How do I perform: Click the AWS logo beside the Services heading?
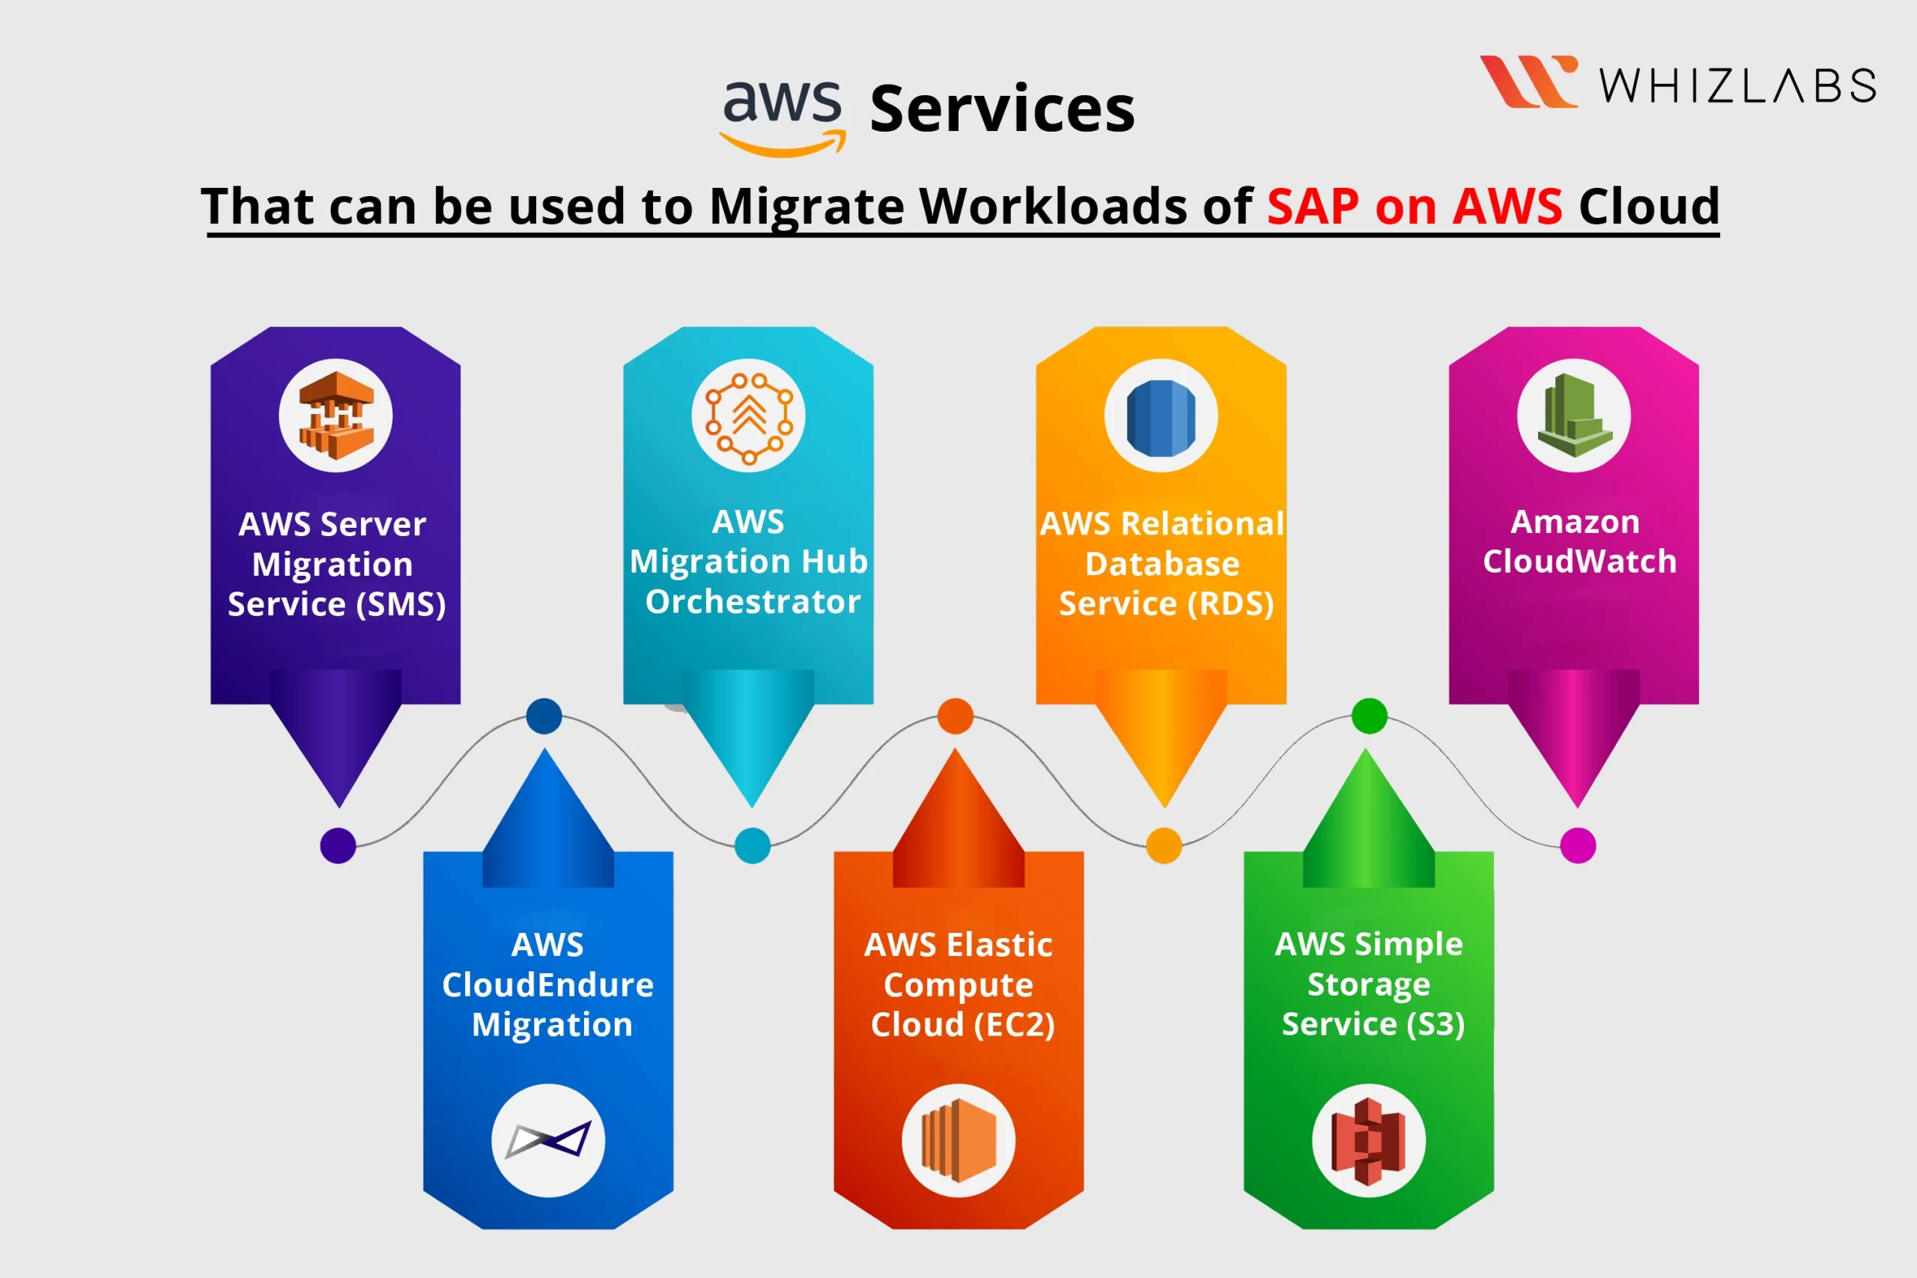tap(783, 118)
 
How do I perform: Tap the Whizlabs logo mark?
tap(1528, 82)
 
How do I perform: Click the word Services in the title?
tap(1003, 109)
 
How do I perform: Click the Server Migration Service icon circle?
tap(335, 416)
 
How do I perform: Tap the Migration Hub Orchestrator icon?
tap(748, 416)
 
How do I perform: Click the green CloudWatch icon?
tap(1574, 416)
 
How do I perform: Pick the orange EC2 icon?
tap(958, 1140)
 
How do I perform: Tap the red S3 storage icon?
tap(1368, 1141)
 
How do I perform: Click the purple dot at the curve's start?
tap(338, 845)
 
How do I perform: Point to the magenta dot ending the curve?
tap(1578, 845)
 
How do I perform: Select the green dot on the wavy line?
tap(1370, 716)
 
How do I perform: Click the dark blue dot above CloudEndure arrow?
tap(544, 716)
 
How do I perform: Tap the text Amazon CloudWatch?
tap(1578, 541)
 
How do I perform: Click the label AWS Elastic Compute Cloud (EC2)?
tap(960, 985)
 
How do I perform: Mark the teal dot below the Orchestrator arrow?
tap(753, 845)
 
